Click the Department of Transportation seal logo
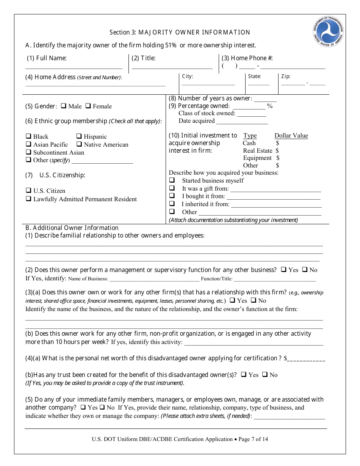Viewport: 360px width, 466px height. tap(329, 31)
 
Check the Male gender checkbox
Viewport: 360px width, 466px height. tap(64, 106)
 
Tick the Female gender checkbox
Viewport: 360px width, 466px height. tap(88, 106)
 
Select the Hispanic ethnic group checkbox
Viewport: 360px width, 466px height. tap(79, 136)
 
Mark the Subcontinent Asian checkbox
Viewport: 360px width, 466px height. tap(28, 152)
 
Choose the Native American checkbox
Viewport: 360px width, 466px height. tap(79, 144)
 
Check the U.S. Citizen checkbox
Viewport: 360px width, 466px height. tap(28, 191)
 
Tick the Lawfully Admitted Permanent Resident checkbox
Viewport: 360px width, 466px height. tap(28, 199)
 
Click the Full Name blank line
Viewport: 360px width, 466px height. tap(74, 67)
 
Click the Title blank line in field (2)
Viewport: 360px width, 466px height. tap(172, 67)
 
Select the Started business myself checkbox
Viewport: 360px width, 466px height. tap(172, 180)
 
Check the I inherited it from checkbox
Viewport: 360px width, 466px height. tap(172, 204)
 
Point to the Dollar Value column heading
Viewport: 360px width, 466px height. tap(291, 136)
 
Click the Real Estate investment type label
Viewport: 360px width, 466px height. tap(258, 150)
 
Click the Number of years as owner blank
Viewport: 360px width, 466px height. tap(265, 100)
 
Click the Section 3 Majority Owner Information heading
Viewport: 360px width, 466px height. tap(180, 33)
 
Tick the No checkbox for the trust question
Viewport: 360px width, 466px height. tap(265, 375)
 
